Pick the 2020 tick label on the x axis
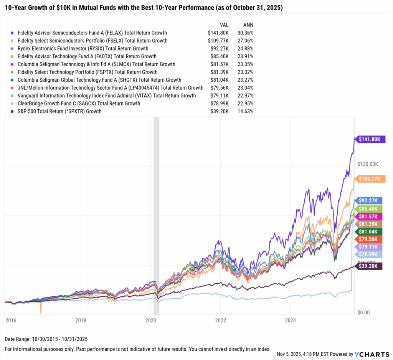coord(150,320)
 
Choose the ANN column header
coord(248,25)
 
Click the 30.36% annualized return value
coord(245,33)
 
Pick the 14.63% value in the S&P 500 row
coord(245,111)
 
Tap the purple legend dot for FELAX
coord(13,33)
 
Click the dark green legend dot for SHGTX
coord(13,80)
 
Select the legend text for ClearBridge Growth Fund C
coord(79,104)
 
